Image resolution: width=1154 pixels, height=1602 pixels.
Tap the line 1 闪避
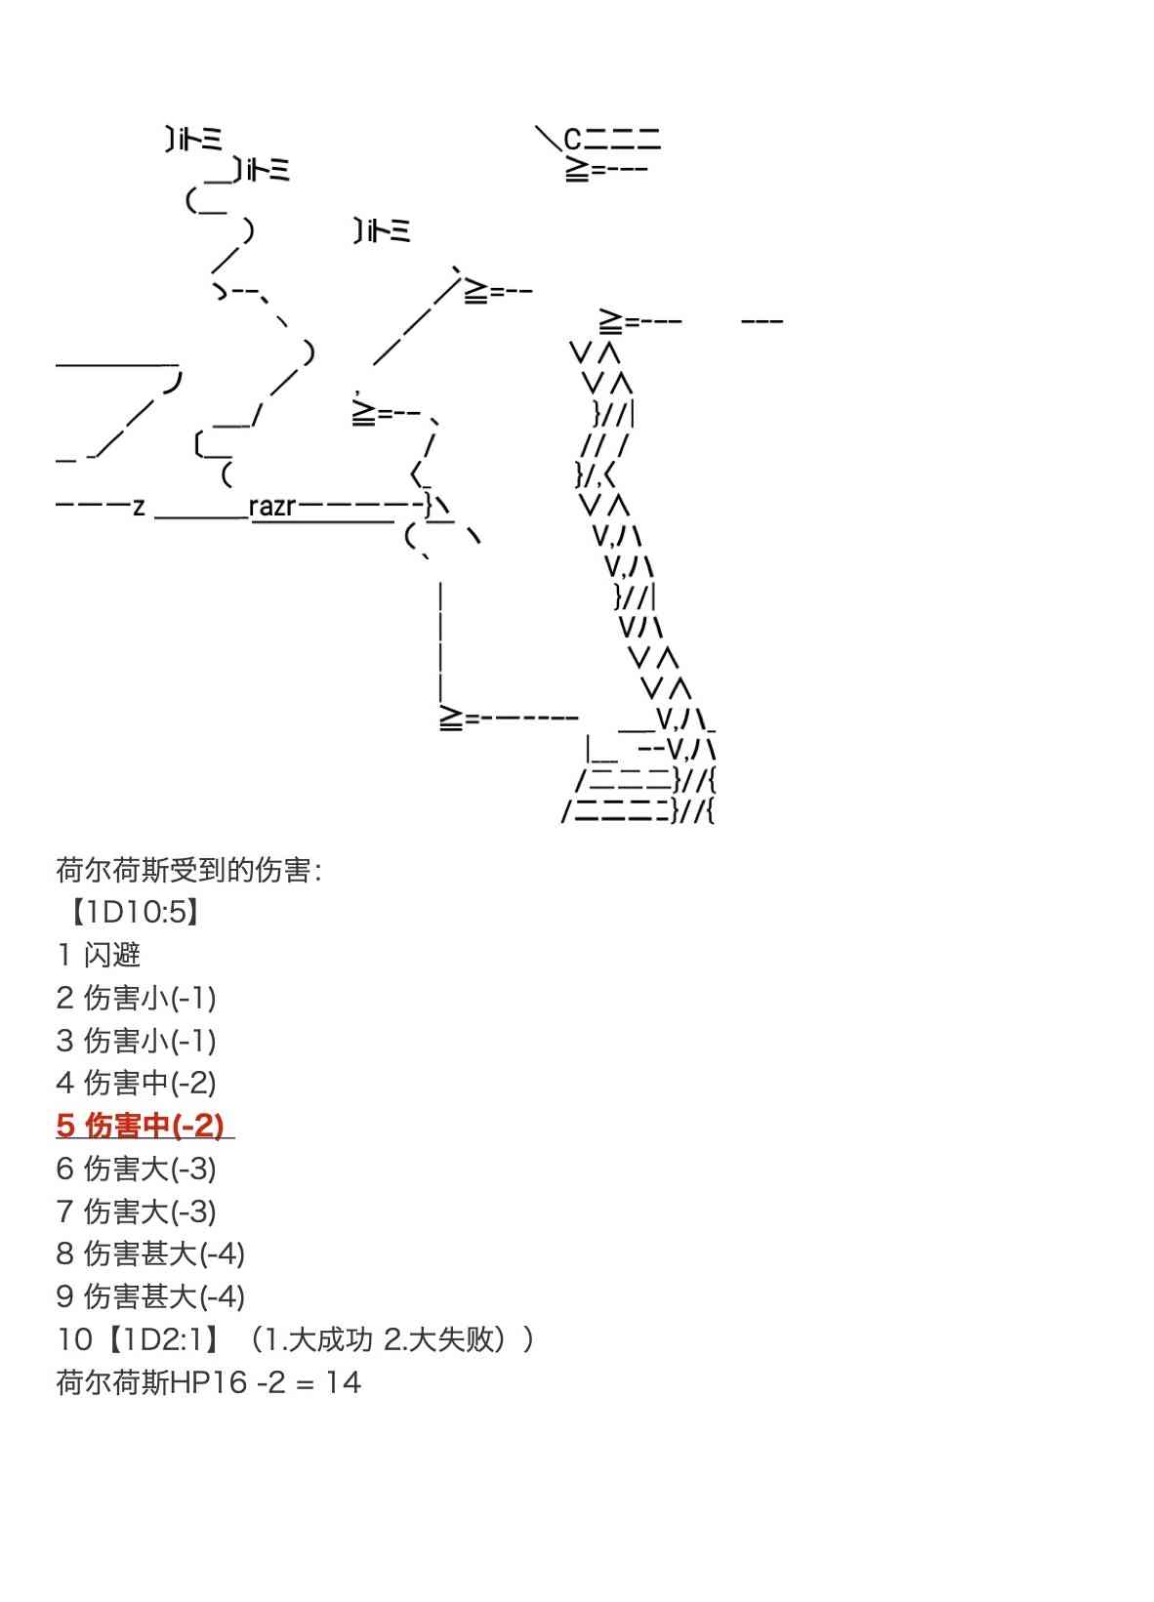[99, 955]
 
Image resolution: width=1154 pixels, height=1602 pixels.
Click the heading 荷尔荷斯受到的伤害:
[188, 869]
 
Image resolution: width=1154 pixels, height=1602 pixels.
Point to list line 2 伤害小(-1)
[136, 998]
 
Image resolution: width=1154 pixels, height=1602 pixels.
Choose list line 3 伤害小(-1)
[136, 1041]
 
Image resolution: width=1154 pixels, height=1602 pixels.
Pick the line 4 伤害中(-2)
[136, 1083]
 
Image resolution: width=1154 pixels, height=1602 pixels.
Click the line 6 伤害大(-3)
[136, 1169]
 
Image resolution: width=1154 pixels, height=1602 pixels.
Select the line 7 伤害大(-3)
[136, 1212]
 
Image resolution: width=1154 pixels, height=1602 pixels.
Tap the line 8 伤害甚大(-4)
[150, 1253]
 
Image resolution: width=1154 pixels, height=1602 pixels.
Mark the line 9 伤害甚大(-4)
[150, 1296]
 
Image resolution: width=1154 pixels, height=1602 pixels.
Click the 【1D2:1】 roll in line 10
[163, 1339]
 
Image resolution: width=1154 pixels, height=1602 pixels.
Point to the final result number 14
[343, 1382]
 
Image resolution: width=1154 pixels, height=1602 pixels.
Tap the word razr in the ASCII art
[271, 507]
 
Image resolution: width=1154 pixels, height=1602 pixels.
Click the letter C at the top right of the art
[572, 140]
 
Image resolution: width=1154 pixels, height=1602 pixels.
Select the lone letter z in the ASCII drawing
[139, 507]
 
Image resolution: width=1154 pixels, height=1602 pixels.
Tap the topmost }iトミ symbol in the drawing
[193, 141]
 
